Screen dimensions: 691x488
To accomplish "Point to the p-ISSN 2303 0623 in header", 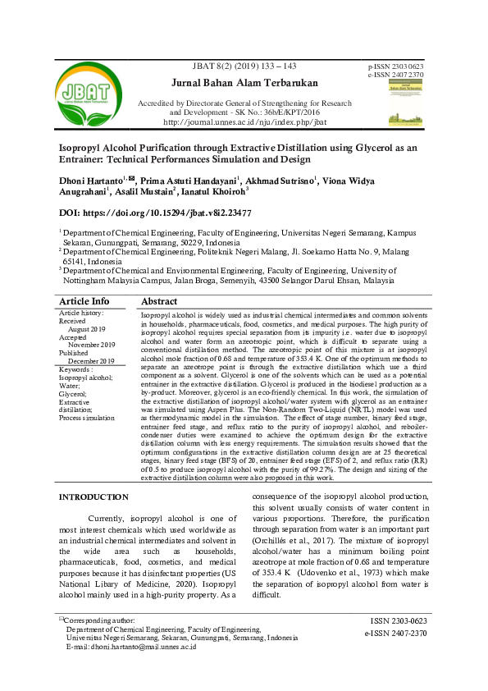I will point(396,66).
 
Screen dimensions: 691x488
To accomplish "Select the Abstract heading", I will point(159,301).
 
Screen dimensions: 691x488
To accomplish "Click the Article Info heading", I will point(84,301).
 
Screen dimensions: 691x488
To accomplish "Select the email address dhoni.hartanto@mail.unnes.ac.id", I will point(131,646).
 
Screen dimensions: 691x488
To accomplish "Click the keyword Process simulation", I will point(87,418).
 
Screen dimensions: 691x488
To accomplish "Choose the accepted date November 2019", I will point(92,345).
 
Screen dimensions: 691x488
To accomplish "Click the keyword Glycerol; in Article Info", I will point(73,394).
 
